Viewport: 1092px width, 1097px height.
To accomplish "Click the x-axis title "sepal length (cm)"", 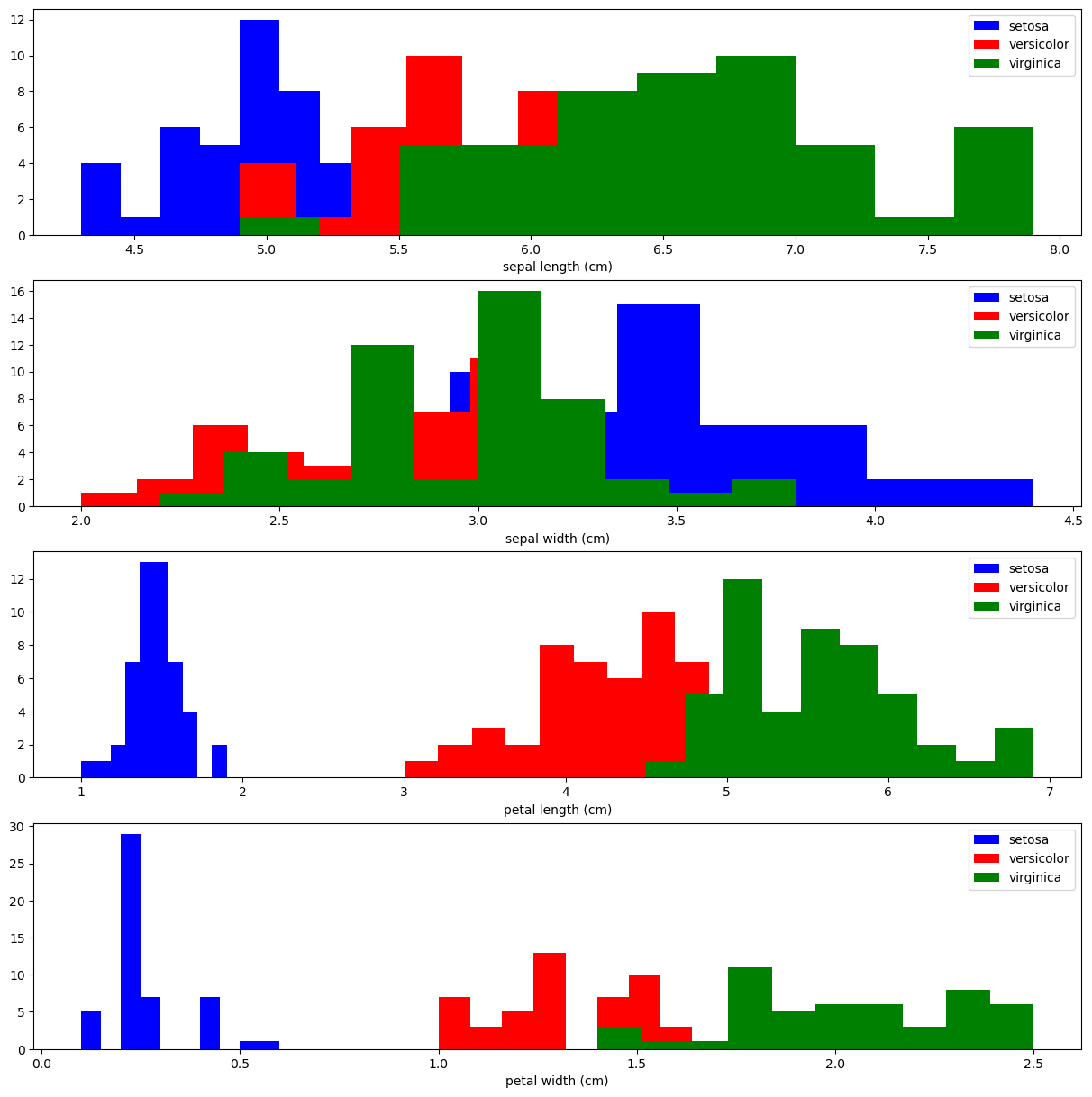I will [x=558, y=267].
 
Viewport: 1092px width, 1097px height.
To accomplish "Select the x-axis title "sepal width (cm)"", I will [x=558, y=539].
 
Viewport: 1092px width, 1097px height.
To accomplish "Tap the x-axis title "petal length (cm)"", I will [x=558, y=810].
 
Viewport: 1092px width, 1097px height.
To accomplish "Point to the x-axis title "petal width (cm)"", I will [x=557, y=1081].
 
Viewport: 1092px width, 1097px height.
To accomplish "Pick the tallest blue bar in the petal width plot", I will [x=131, y=941].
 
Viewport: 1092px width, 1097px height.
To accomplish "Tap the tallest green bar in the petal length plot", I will [x=742, y=675].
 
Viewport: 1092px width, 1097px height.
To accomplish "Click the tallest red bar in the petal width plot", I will [x=550, y=1000].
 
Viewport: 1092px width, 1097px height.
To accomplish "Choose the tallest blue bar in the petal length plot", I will [x=154, y=666].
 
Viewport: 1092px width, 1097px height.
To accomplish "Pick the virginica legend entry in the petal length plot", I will [x=1034, y=606].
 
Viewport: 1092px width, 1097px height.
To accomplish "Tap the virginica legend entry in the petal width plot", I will [x=1034, y=877].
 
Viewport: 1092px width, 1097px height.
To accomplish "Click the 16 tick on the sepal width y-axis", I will [x=21, y=291].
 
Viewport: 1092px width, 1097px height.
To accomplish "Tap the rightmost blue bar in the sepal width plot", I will [x=951, y=493].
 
